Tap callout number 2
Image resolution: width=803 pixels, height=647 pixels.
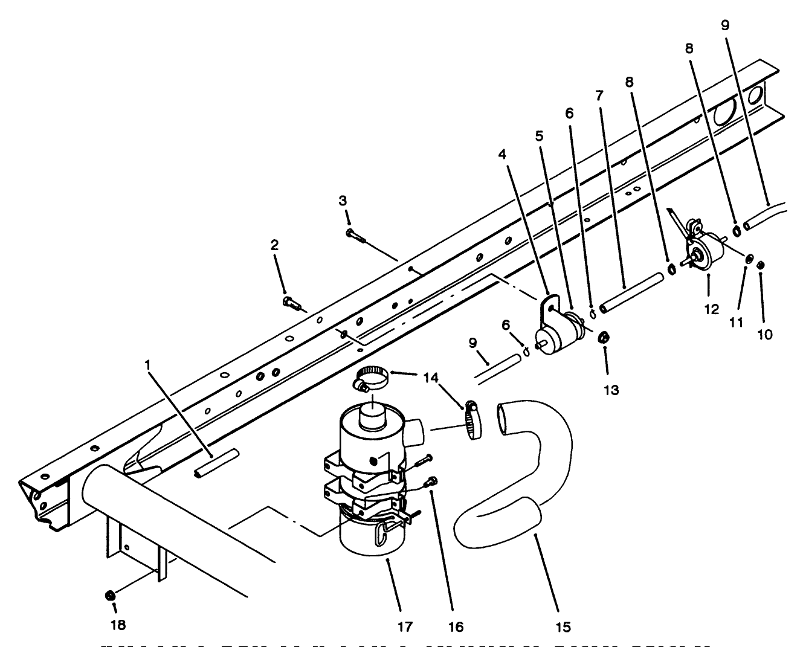click(x=275, y=245)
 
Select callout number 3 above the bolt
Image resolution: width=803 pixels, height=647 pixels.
click(x=343, y=200)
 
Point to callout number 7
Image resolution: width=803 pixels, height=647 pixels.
click(x=599, y=95)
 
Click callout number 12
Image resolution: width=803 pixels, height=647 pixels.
click(x=712, y=309)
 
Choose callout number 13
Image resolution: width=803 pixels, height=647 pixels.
click(x=611, y=390)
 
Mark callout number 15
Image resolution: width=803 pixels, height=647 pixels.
click(x=563, y=627)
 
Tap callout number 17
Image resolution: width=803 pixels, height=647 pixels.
click(x=405, y=627)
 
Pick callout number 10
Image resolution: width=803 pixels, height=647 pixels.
click(x=764, y=334)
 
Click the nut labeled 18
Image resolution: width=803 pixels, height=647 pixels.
click(x=110, y=596)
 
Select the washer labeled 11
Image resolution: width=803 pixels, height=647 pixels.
click(x=748, y=259)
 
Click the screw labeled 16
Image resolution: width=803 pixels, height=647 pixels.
click(x=431, y=481)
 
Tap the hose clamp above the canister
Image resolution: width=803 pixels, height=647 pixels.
click(x=370, y=379)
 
